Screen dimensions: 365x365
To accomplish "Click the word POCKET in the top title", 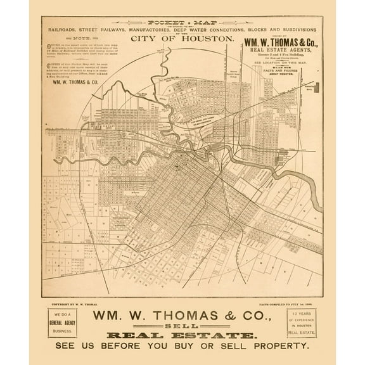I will click(x=157, y=21).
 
